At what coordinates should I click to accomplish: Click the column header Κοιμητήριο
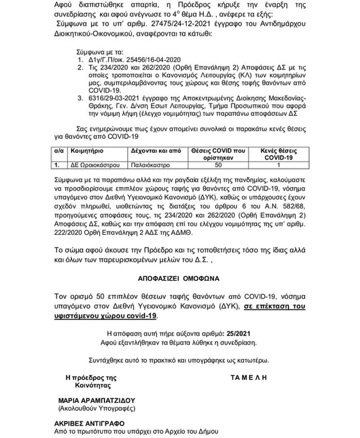tap(87, 151)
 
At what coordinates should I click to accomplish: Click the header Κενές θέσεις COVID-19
tap(278, 154)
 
